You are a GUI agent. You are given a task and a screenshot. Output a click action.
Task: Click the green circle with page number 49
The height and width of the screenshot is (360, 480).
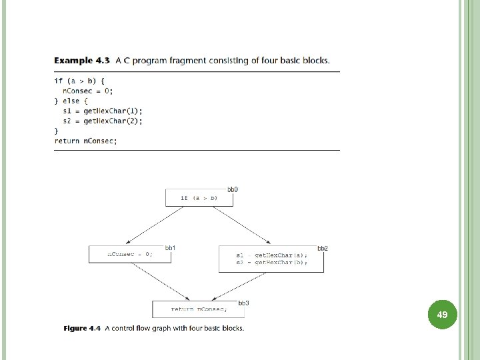coord(441,313)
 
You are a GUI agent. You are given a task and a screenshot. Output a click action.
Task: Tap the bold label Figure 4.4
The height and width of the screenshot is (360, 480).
coord(82,328)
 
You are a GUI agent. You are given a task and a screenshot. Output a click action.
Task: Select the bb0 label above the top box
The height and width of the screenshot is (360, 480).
coord(233,190)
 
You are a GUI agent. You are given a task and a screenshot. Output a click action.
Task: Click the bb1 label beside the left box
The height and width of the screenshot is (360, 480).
coord(171,248)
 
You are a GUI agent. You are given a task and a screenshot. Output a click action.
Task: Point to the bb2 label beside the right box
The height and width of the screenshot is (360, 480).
coord(323,248)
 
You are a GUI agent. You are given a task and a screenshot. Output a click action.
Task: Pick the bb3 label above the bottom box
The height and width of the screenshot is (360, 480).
coord(243,303)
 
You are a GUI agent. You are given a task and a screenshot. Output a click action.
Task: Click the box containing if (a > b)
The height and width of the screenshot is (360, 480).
coord(199,198)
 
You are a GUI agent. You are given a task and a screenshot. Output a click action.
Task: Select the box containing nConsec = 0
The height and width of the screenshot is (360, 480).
coord(130,254)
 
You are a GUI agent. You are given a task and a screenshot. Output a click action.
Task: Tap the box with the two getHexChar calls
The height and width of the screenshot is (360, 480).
coord(271,259)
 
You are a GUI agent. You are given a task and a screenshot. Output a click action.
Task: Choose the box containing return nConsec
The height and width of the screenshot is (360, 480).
coord(199,309)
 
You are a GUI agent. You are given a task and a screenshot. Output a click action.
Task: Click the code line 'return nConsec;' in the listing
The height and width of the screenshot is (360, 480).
coord(85,141)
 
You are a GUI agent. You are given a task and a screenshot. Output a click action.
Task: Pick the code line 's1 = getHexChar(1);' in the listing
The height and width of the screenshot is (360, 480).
coord(103,111)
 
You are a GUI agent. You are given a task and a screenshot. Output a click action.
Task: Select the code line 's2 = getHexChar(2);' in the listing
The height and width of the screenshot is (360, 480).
coord(103,121)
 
